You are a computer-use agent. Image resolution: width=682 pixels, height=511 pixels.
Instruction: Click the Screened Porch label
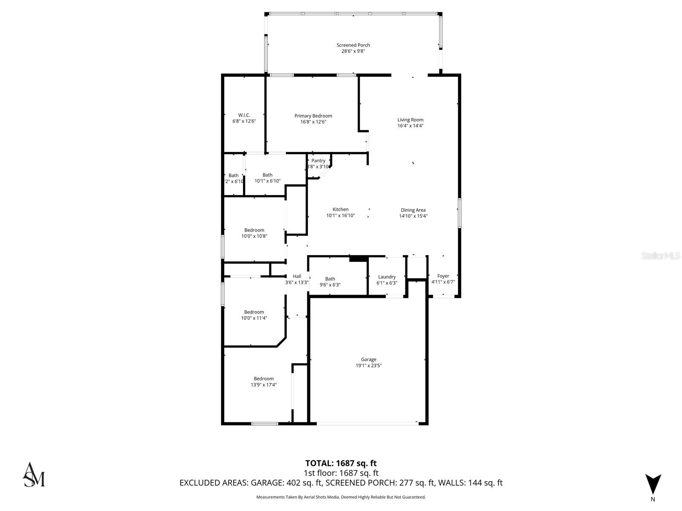pos(353,45)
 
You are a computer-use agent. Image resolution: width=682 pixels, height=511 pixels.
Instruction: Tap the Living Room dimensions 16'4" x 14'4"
pos(410,126)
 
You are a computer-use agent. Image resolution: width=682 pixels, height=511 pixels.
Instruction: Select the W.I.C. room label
pos(244,115)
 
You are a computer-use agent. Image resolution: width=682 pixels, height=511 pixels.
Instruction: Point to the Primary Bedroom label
pos(313,116)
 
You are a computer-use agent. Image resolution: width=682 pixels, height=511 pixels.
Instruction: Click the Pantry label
pos(318,161)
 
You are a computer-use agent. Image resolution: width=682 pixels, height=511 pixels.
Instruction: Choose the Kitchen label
pos(340,210)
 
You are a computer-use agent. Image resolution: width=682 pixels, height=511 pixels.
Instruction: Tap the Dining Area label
pos(413,210)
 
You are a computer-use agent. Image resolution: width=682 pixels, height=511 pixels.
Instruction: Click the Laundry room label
pos(387,277)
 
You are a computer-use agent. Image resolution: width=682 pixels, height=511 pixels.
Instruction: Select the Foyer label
pos(443,276)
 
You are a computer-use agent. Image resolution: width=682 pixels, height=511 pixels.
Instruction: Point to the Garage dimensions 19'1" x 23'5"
pos(368,365)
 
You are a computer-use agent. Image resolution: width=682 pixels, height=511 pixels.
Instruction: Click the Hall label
pos(297,276)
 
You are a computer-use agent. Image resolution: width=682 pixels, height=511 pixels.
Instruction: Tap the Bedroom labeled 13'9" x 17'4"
pos(263,379)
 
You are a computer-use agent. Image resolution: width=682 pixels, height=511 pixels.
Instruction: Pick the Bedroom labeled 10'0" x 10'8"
pos(254,230)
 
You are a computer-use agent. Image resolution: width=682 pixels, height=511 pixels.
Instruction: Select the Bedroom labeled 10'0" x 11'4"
pos(254,312)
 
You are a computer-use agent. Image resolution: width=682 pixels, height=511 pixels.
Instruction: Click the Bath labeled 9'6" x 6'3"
pos(330,279)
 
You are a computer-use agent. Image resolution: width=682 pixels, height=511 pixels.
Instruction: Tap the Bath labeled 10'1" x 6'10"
pos(267,175)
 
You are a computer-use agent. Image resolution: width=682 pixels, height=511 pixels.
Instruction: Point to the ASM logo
pos(34,474)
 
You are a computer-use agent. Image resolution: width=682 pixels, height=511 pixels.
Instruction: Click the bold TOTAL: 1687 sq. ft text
pos(341,463)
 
